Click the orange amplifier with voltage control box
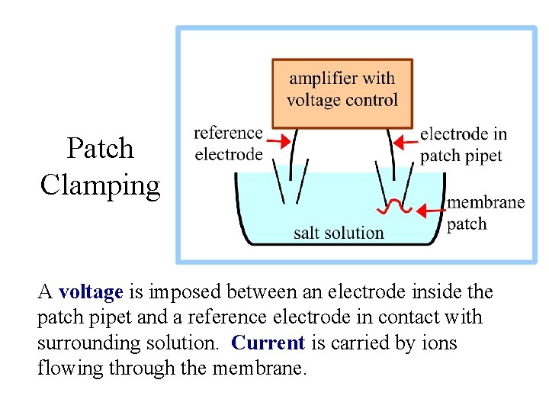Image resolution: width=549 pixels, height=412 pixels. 342,93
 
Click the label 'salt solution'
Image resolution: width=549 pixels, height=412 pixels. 339,233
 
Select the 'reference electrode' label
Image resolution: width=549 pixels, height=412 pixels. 229,143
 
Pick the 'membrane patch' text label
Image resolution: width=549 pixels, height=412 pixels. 485,213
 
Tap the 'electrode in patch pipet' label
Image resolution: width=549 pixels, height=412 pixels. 463,145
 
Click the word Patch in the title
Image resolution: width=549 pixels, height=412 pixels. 100,148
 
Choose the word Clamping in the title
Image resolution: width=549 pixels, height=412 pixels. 100,185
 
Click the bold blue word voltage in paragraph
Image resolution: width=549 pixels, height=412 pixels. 91,292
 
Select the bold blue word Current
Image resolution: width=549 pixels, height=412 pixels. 268,343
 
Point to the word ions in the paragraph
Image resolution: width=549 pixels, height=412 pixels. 438,343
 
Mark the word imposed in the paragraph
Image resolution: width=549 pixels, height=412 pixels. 176,292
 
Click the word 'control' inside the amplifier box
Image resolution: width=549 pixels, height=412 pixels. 371,100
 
